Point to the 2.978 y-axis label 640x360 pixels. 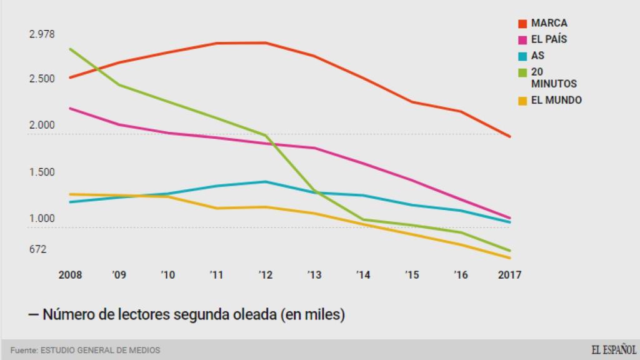tap(42, 34)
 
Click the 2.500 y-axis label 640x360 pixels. tap(42, 79)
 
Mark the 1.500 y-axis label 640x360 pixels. tap(42, 172)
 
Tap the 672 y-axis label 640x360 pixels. tap(38, 249)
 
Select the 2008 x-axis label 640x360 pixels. tap(70, 274)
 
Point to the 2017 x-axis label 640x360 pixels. tap(509, 274)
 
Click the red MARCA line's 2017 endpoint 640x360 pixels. tap(510, 136)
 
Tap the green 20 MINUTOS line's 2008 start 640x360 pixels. tap(71, 49)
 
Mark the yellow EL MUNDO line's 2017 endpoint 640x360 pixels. tap(510, 257)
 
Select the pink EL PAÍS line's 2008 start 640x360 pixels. tap(71, 108)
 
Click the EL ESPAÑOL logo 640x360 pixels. tap(614, 349)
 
